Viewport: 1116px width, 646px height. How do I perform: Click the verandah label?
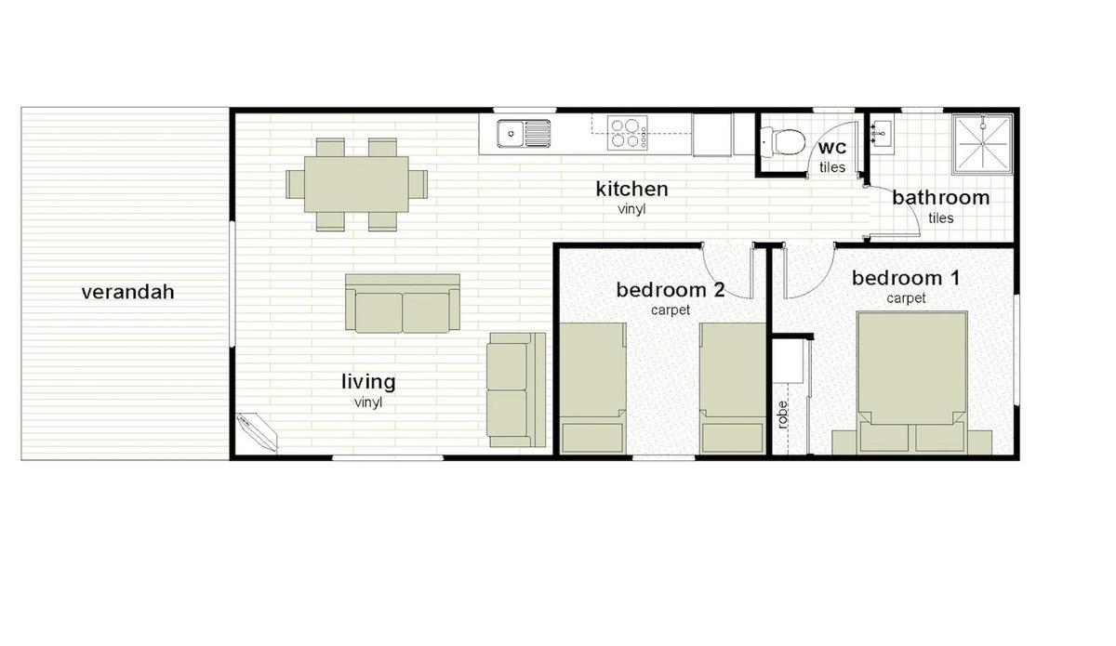click(127, 292)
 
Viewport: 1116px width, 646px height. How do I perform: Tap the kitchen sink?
click(524, 135)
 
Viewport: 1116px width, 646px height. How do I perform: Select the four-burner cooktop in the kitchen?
click(628, 133)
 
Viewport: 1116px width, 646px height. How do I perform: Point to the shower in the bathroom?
click(982, 144)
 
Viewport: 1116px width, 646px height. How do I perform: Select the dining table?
click(356, 183)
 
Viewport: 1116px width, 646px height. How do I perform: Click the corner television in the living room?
click(257, 432)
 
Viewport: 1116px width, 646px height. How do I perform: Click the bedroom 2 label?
click(670, 290)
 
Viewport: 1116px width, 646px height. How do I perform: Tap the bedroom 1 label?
click(905, 278)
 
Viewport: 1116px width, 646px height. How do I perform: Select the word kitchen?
click(631, 190)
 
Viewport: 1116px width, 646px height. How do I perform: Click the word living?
click(367, 381)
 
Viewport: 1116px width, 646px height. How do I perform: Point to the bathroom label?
click(940, 197)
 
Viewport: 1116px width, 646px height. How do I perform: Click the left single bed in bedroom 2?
click(591, 386)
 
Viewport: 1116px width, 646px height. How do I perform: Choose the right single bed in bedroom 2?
click(731, 386)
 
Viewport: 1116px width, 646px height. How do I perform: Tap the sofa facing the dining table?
click(403, 303)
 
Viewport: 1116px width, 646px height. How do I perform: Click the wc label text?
click(831, 149)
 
